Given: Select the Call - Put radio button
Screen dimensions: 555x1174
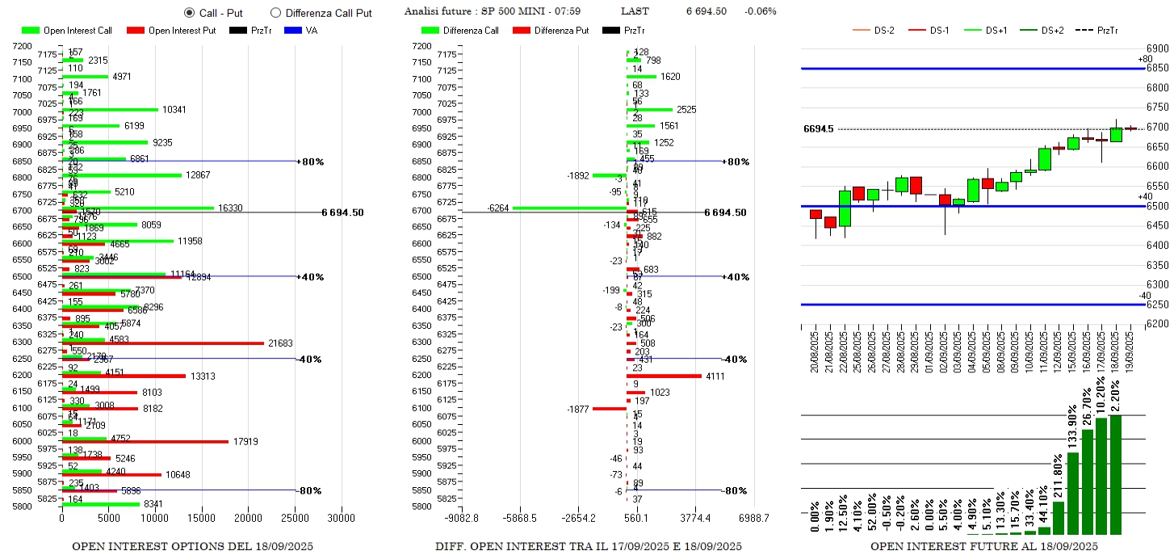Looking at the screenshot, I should pos(189,13).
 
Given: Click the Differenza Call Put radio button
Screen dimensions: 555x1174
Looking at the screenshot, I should pos(275,13).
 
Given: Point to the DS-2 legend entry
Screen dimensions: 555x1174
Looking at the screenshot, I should pos(874,31).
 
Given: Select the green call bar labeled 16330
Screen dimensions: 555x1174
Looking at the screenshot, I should pos(137,208).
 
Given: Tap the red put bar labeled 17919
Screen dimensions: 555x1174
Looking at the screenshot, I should pos(145,441).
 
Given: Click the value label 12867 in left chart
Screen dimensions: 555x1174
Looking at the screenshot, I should pos(199,175).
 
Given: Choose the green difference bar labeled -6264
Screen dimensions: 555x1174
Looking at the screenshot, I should pos(569,208).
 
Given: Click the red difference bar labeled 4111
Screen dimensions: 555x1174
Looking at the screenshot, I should pos(664,376).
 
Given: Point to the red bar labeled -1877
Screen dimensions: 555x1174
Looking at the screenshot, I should pos(610,409).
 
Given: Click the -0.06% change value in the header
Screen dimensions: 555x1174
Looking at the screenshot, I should pos(760,11).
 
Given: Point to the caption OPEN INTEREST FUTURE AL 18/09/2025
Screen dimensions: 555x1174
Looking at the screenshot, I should pos(983,546).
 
